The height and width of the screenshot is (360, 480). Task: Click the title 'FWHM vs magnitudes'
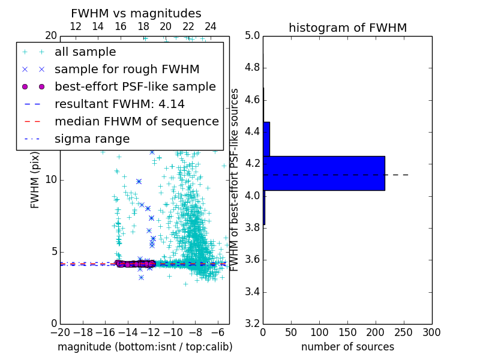pyautogui.click(x=136, y=13)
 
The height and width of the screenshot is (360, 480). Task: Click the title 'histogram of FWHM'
pyautogui.click(x=347, y=28)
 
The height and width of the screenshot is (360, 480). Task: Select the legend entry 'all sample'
pyautogui.click(x=85, y=52)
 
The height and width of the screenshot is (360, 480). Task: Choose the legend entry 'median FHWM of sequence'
pyautogui.click(x=136, y=121)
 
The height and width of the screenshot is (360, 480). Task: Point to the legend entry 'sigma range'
pyautogui.click(x=92, y=139)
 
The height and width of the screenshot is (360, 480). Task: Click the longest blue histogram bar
pyautogui.click(x=323, y=173)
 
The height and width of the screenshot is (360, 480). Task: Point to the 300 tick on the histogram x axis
pyautogui.click(x=431, y=332)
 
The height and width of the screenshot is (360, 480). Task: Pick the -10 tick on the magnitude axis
pyautogui.click(x=173, y=332)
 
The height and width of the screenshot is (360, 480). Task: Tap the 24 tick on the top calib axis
pyautogui.click(x=211, y=27)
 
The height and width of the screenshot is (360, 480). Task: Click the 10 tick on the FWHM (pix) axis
pyautogui.click(x=51, y=179)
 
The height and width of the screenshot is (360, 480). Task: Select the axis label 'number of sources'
pyautogui.click(x=347, y=347)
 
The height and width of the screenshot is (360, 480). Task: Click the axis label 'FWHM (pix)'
pyautogui.click(x=35, y=179)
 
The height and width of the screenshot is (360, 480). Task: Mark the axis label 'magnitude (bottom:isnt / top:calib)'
pyautogui.click(x=145, y=347)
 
